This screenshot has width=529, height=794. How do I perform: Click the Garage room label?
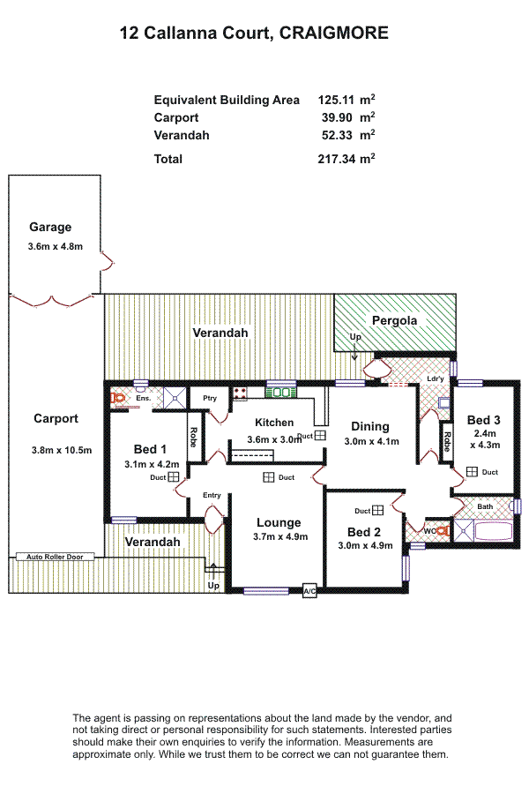pos(50,227)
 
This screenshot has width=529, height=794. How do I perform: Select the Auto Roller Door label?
pos(55,558)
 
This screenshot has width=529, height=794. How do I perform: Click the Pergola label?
pos(394,320)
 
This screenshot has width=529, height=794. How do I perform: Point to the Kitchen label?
pos(274,423)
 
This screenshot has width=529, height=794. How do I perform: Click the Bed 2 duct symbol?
pos(377,510)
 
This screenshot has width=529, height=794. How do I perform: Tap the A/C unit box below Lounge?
pos(309,591)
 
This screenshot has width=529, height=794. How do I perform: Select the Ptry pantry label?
pos(210,399)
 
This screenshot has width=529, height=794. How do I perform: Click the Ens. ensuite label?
pos(143,399)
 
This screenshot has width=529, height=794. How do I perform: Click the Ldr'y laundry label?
pos(435,379)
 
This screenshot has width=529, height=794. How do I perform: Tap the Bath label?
pos(485,506)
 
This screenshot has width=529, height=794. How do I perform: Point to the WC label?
pos(429,531)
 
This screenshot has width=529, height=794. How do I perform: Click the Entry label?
pos(212,495)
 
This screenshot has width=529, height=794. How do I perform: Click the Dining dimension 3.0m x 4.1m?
pos(371,441)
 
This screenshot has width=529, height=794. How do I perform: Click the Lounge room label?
pos(279,522)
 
